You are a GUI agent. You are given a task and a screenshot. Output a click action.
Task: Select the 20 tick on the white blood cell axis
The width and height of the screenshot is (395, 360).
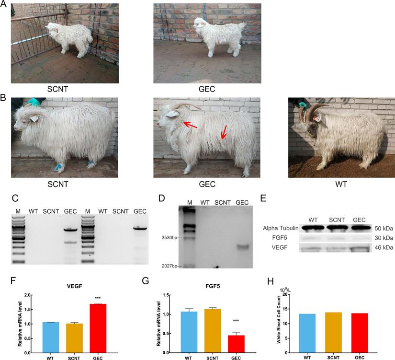click(x=285, y=295)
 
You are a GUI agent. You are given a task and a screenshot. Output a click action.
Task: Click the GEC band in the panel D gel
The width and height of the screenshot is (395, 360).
click(x=242, y=247)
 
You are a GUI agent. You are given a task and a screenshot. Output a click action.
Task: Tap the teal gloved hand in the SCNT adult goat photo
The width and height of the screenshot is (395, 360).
click(x=34, y=102)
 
